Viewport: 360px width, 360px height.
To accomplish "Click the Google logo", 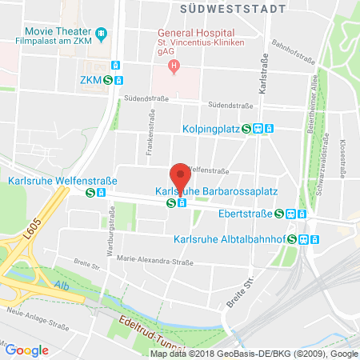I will point(26,349).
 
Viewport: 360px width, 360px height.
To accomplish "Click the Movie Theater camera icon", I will point(101,34).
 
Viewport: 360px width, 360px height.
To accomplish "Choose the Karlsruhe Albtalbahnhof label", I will point(230,238).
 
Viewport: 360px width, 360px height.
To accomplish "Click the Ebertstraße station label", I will point(246,214).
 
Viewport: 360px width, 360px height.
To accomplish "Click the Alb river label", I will point(62,285).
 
